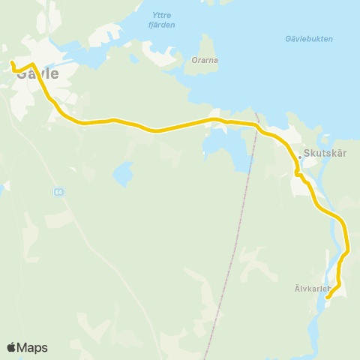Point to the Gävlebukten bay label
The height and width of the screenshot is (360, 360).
coord(309,39)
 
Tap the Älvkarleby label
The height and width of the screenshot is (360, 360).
coord(312,287)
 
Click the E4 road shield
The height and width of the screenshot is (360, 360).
coord(58,192)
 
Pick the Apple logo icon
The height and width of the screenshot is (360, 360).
coord(11,347)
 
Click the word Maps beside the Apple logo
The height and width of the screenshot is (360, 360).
coord(32,347)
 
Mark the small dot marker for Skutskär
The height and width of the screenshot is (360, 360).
coord(300,157)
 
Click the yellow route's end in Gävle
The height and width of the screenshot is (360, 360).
coord(13,62)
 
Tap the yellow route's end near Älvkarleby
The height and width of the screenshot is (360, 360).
coord(328,297)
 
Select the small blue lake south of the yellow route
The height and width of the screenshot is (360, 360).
coord(122,175)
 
